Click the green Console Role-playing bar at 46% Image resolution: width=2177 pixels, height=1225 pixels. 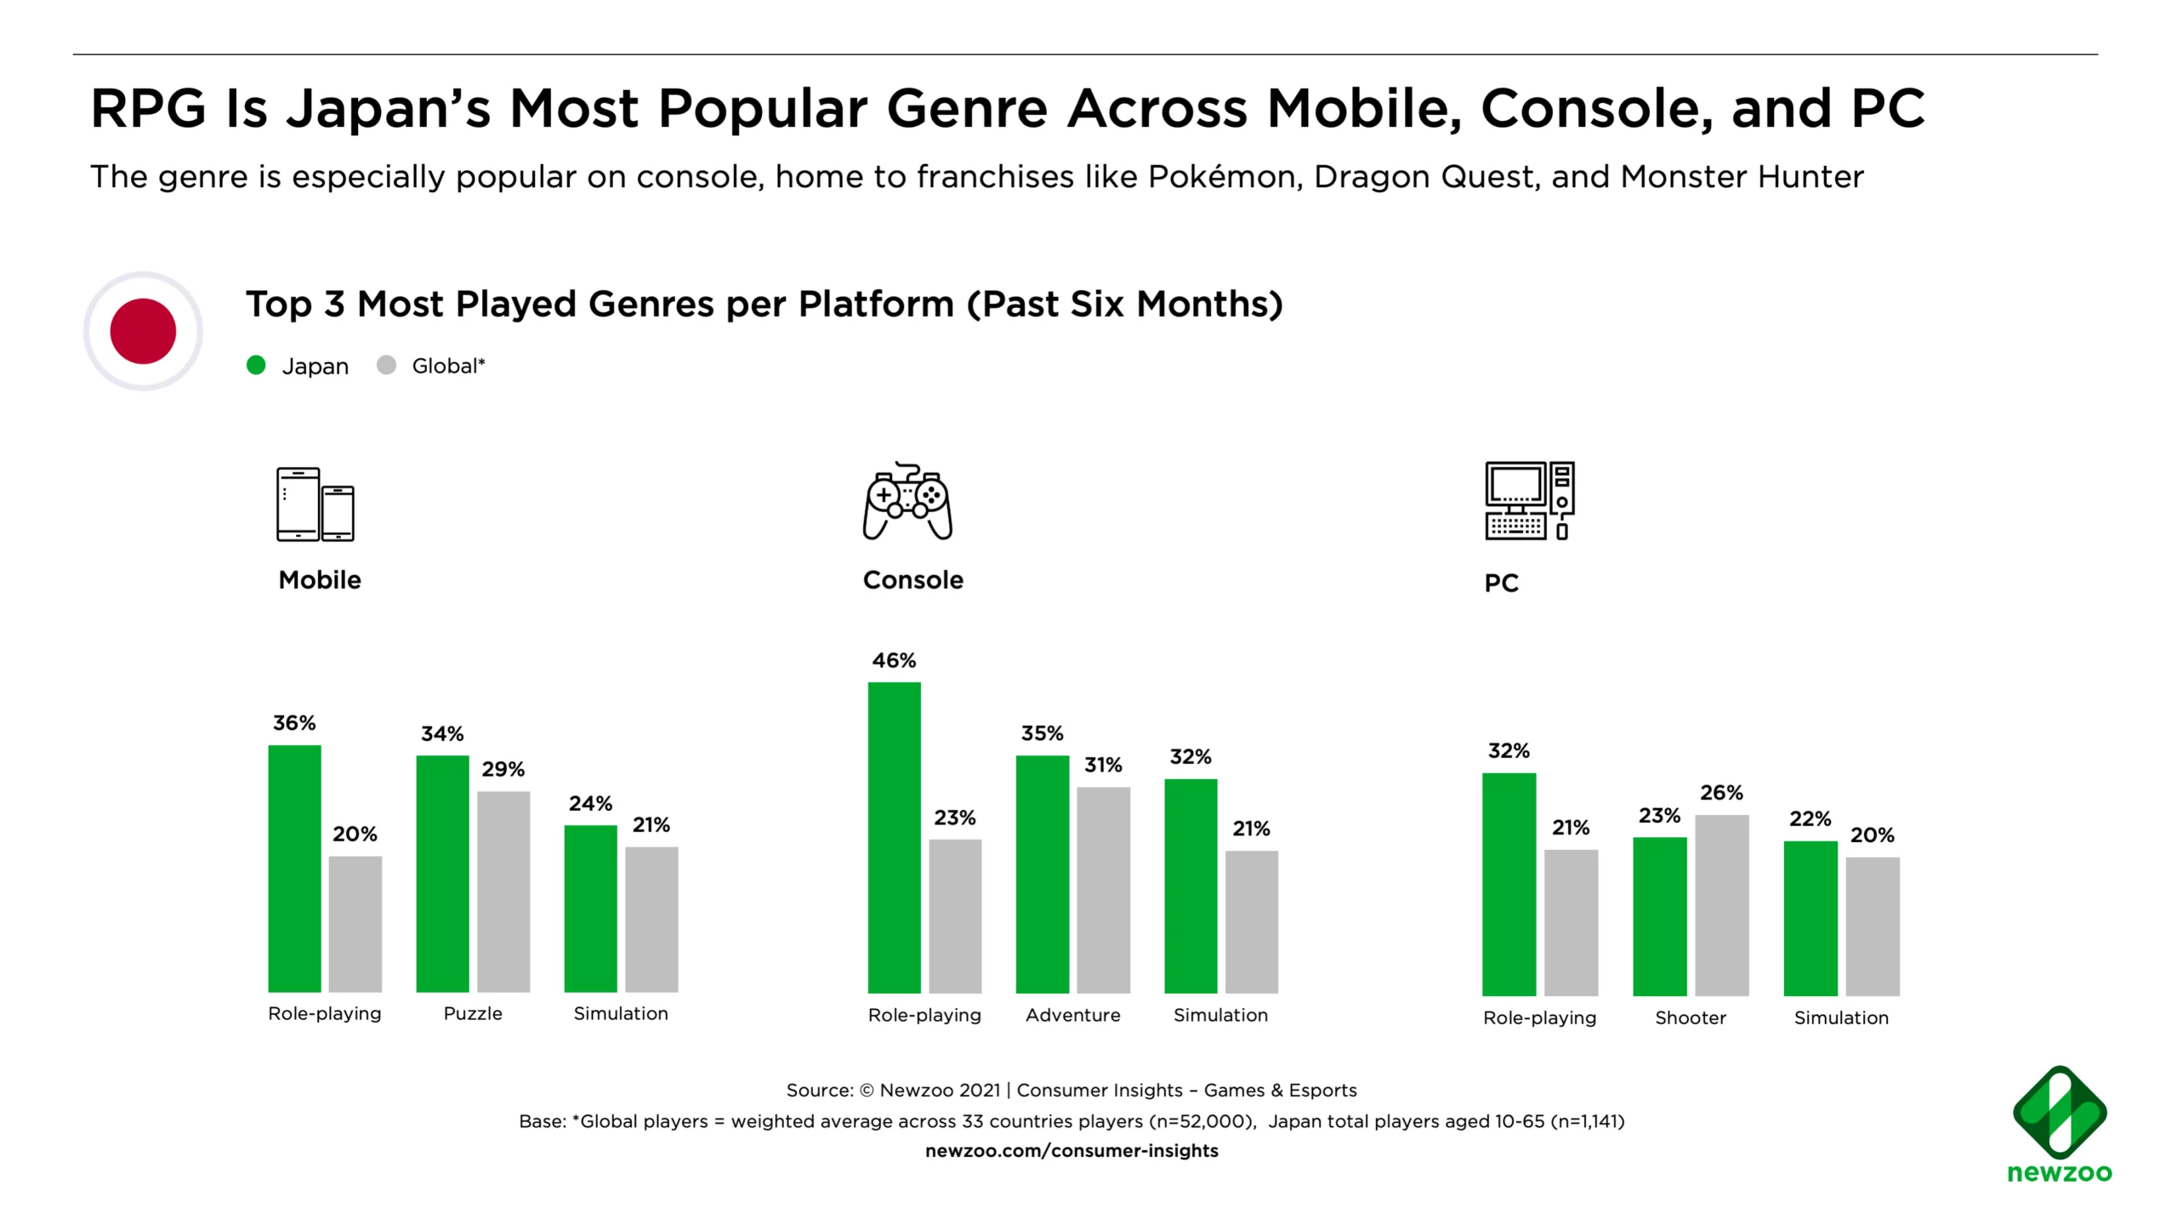pos(894,837)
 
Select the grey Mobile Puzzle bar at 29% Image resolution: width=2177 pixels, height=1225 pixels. pos(503,891)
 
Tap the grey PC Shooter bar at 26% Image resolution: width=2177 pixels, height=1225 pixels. pos(1721,905)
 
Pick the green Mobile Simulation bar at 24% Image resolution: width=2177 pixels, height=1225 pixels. pos(590,908)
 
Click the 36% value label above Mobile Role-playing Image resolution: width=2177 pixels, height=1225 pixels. pos(294,723)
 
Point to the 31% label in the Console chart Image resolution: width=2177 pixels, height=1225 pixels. pos(1103,766)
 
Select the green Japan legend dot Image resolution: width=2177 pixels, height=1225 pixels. pos(256,366)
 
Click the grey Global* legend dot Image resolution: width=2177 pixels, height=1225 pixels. pos(386,366)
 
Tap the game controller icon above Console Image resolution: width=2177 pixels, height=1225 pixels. pos(907,502)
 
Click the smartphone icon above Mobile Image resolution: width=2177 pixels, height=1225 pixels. pos(315,504)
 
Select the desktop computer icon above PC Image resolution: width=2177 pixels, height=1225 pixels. pos(1529,501)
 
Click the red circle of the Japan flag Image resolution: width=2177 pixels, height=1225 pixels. pos(143,331)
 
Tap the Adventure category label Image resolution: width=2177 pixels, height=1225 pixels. pos(1072,1015)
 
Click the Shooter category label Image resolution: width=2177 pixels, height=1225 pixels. pos(1690,1017)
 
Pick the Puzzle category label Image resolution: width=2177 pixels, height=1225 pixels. pos(473,1013)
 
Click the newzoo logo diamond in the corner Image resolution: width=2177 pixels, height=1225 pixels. pos(2059,1112)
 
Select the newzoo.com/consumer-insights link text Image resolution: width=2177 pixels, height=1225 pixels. pos(1071,1151)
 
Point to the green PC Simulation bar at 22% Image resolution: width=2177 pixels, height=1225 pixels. pos(1810,918)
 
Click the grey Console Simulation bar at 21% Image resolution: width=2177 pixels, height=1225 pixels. pos(1251,921)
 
